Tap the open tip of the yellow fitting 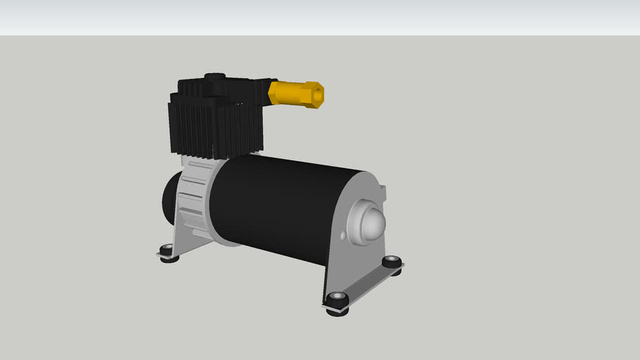click(x=319, y=94)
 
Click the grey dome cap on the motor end click(x=373, y=222)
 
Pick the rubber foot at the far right click(x=392, y=264)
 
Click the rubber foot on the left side click(x=167, y=252)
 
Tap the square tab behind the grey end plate click(x=383, y=190)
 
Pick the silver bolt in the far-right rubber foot click(x=392, y=261)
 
